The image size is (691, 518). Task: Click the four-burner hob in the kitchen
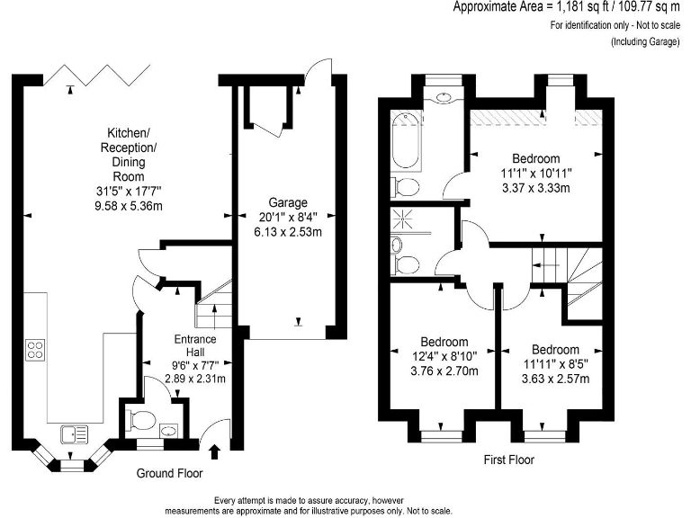(x=36, y=349)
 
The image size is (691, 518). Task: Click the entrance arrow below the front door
(x=214, y=451)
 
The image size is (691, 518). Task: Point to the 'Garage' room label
(x=288, y=202)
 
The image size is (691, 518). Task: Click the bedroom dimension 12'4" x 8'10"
(x=444, y=356)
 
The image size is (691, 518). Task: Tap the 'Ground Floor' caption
(x=169, y=473)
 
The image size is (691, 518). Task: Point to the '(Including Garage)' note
(x=646, y=42)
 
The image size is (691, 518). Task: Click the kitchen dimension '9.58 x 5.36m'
(x=127, y=205)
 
